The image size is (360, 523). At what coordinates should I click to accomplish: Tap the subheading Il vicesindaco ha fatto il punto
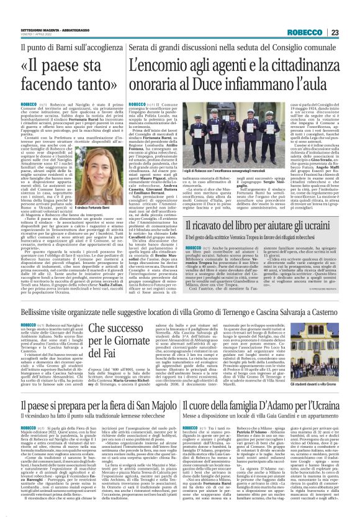(88, 416)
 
